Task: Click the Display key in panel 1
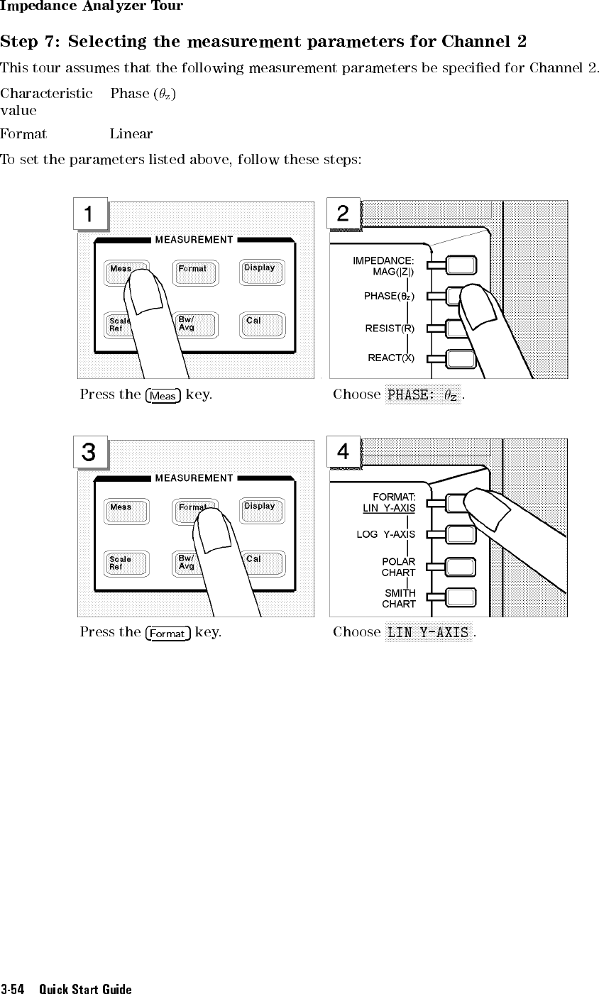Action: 262,272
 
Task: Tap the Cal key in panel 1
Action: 262,325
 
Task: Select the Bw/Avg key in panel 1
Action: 195,325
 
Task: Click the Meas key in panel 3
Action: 126,511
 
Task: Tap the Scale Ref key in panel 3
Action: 126,563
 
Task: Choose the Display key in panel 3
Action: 262,510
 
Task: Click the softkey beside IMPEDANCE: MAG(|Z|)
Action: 461,265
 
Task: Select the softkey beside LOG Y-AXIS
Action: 461,535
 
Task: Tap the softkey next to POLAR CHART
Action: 461,567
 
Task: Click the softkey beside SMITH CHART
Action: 461,597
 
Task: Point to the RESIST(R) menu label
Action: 390,328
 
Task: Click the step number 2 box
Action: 344,214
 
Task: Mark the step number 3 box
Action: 89,452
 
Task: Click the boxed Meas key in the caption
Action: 163,395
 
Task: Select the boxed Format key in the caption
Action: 167,634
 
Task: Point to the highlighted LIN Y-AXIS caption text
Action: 429,632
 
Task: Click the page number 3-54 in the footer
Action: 12,988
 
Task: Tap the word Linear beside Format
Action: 131,133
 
